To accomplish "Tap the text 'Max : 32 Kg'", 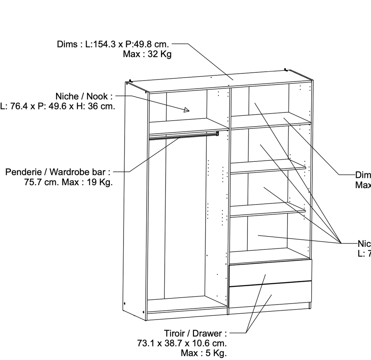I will [x=147, y=54].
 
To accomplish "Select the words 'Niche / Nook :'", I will [x=84, y=96].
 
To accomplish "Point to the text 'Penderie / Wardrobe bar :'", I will [x=58, y=172].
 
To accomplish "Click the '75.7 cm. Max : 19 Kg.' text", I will [x=68, y=182].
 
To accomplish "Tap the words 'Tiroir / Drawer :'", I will [x=195, y=333].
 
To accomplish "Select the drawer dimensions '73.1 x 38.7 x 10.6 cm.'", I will [x=182, y=343].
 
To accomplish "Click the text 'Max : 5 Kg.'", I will [x=204, y=353].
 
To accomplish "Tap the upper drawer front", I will [x=270, y=272].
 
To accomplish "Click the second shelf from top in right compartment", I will [x=268, y=166].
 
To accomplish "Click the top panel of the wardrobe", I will [x=223, y=82].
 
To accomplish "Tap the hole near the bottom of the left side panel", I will [x=125, y=302].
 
